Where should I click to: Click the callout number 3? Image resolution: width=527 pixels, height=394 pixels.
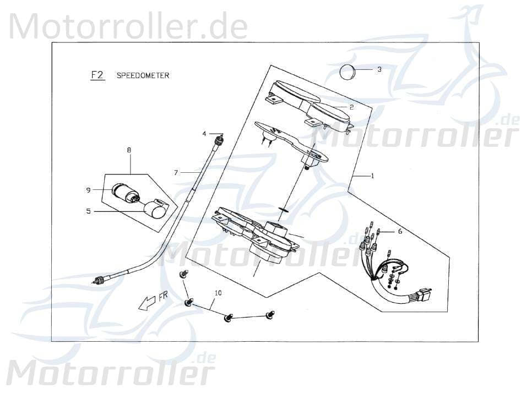[x=379, y=70]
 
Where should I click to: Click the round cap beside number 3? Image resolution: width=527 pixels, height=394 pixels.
[x=347, y=72]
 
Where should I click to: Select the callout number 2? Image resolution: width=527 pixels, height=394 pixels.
[x=351, y=107]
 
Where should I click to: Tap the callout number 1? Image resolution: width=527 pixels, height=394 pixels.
[x=372, y=176]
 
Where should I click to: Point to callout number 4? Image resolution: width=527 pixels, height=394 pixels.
[x=204, y=134]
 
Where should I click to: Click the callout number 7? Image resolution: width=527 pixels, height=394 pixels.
[x=176, y=173]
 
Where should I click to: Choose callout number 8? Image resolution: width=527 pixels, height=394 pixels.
[x=129, y=150]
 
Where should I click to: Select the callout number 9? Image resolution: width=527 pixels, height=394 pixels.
[x=88, y=190]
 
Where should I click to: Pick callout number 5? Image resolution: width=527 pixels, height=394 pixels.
[x=88, y=211]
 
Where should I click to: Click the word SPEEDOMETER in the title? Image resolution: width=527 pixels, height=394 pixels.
[x=143, y=75]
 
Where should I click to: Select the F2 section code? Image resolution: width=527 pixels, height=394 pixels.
[x=97, y=75]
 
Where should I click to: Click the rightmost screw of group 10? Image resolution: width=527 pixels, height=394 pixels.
[x=270, y=315]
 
